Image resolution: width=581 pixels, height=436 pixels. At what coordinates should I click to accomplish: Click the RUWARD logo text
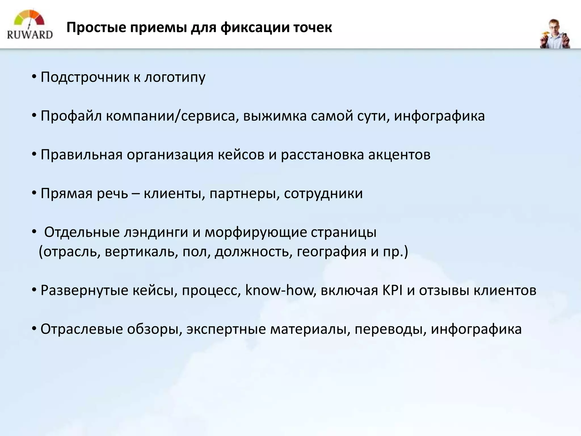pyautogui.click(x=30, y=34)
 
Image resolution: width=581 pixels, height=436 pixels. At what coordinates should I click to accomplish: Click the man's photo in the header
pyautogui.click(x=555, y=34)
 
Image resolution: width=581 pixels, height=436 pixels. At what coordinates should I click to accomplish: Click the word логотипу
pyautogui.click(x=175, y=77)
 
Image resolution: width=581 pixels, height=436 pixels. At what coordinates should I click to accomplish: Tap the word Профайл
pyautogui.click(x=71, y=116)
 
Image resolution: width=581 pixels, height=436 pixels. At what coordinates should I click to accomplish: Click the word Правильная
pyautogui.click(x=81, y=155)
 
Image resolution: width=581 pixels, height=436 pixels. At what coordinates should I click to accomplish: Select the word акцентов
pyautogui.click(x=399, y=155)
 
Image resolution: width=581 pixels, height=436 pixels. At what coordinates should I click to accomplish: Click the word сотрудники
pyautogui.click(x=323, y=194)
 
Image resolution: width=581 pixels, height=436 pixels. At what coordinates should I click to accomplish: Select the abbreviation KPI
pyautogui.click(x=392, y=290)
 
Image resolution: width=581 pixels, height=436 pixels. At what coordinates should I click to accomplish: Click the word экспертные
pyautogui.click(x=226, y=329)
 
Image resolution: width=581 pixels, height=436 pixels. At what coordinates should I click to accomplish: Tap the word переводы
pyautogui.click(x=390, y=329)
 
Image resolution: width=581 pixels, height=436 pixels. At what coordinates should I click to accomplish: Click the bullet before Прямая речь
pyautogui.click(x=34, y=193)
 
